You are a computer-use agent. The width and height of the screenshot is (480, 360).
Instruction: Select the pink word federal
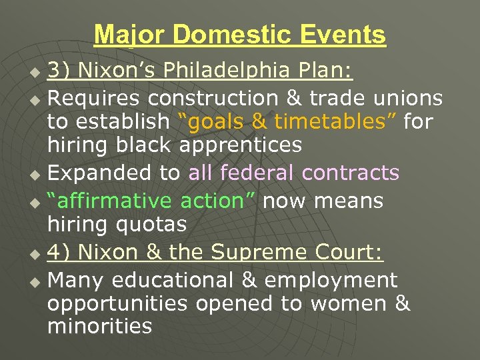pos(256,173)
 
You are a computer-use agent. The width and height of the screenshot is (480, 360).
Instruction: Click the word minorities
pos(99,326)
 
